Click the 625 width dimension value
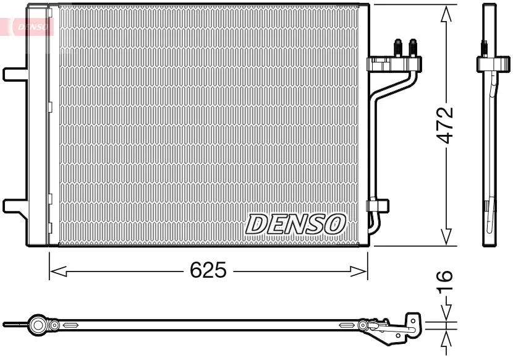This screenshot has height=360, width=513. click(x=209, y=270)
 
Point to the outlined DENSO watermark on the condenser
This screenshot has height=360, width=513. click(x=296, y=223)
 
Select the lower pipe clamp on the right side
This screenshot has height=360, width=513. click(x=377, y=205)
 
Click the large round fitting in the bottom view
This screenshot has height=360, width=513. click(x=39, y=325)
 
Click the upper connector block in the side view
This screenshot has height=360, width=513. click(x=488, y=64)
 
